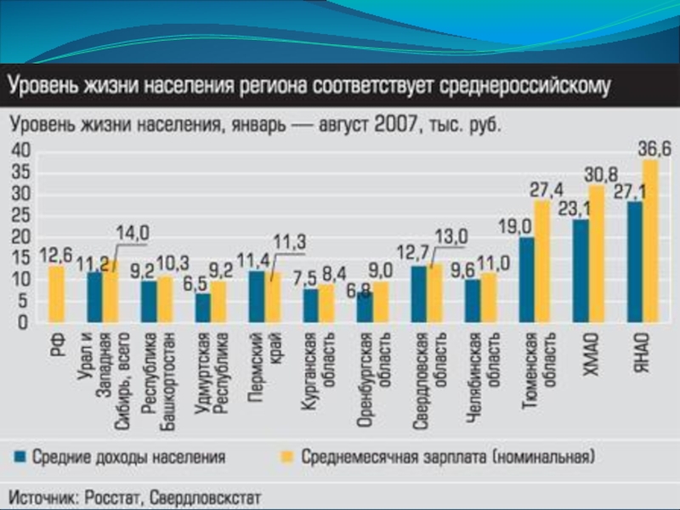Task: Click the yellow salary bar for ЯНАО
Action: coord(650,242)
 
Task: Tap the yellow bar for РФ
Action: coord(56,294)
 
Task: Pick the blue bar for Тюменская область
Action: coord(527,280)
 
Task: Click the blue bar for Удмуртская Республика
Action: coord(202,308)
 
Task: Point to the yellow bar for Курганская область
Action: coord(326,303)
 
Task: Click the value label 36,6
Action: coord(654,150)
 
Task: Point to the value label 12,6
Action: coord(54,254)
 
